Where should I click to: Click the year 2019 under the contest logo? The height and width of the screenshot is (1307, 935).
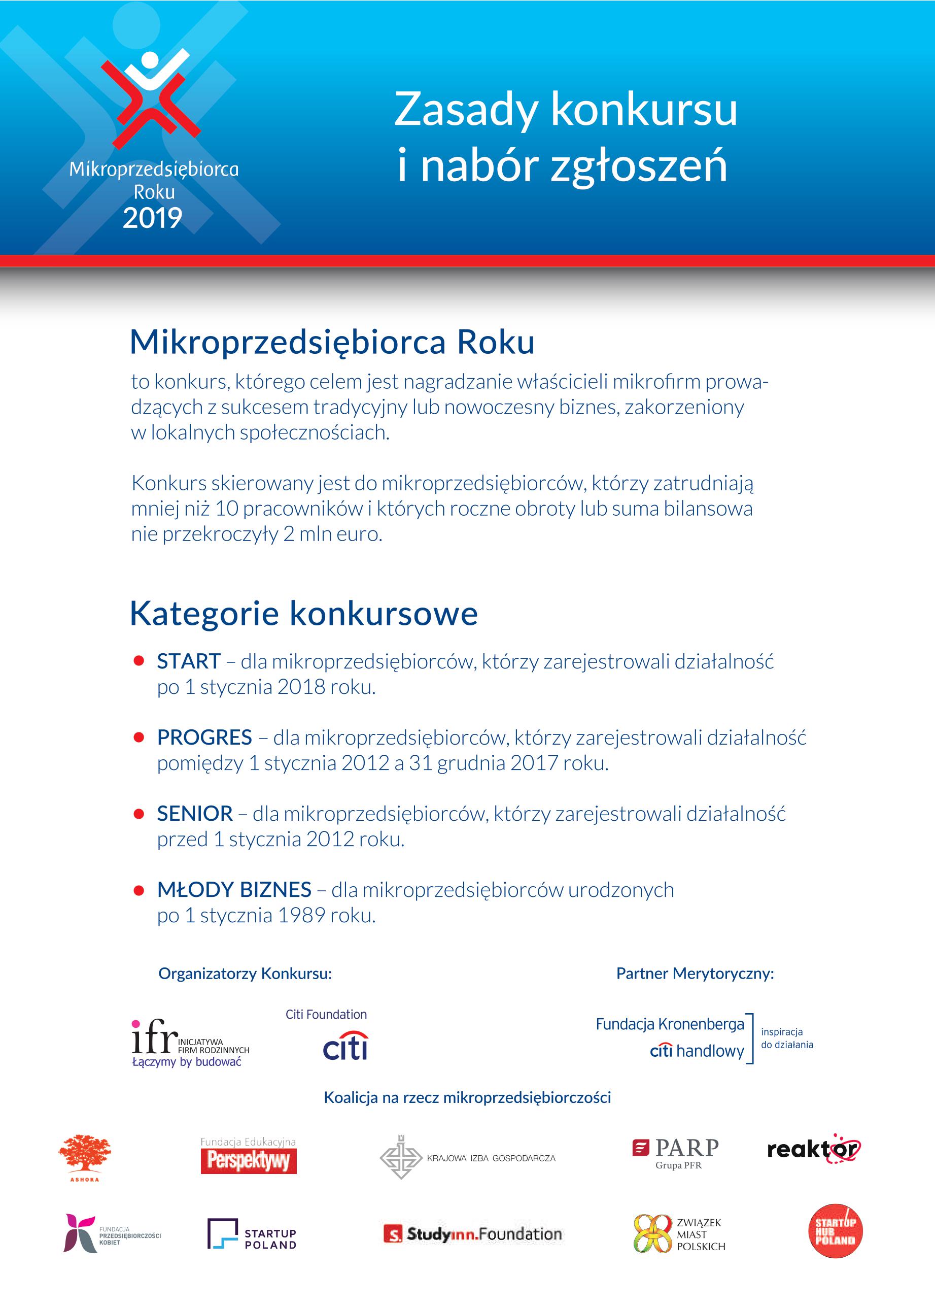coord(152,218)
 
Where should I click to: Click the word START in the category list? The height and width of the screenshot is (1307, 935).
coord(189,661)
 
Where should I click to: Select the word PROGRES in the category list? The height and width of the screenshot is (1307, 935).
coord(204,738)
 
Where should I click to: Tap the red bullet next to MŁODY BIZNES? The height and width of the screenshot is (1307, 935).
coord(138,890)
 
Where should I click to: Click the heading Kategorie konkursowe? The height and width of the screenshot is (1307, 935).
coord(303,614)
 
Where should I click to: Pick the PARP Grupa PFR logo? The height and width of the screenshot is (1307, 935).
coord(675,1153)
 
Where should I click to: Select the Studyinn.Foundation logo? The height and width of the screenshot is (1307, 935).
coord(473,1234)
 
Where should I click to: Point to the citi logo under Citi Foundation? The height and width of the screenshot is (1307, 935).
coord(345,1046)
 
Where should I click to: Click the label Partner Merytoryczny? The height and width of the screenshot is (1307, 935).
coord(695,974)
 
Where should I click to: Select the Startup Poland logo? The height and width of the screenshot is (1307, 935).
coord(252,1234)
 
